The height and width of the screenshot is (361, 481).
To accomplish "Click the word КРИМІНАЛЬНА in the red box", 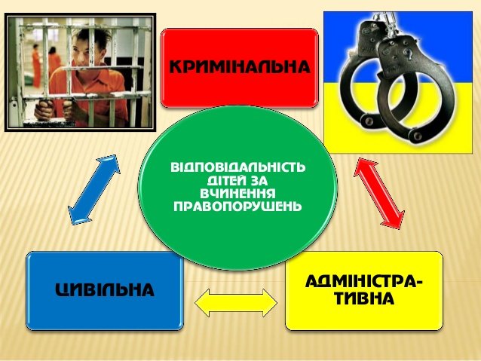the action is (240, 67).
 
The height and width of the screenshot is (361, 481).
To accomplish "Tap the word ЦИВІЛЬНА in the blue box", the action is (105, 289).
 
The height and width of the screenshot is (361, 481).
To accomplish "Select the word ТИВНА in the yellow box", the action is (364, 298).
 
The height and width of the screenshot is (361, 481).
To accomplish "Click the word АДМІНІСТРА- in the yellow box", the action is (364, 281).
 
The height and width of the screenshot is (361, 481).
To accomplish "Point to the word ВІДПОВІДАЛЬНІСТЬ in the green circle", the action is (238, 167).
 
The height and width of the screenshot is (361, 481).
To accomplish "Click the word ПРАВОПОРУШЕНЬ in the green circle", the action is (237, 207).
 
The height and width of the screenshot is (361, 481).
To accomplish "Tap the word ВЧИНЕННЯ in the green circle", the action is (237, 194).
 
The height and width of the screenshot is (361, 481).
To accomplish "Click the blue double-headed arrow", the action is (94, 190).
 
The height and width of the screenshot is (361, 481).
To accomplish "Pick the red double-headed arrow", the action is (379, 193).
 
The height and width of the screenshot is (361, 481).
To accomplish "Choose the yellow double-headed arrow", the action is (236, 303).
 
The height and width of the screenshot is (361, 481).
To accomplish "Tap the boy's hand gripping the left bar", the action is (44, 111).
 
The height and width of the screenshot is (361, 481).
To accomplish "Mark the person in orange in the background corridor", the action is (36, 65).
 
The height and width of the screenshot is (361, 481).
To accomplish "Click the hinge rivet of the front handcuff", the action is (416, 134).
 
